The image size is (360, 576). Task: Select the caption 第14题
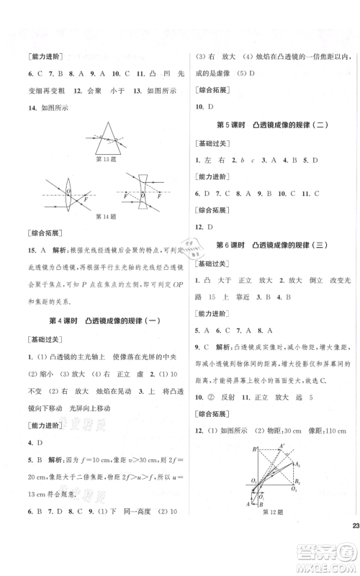97,217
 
